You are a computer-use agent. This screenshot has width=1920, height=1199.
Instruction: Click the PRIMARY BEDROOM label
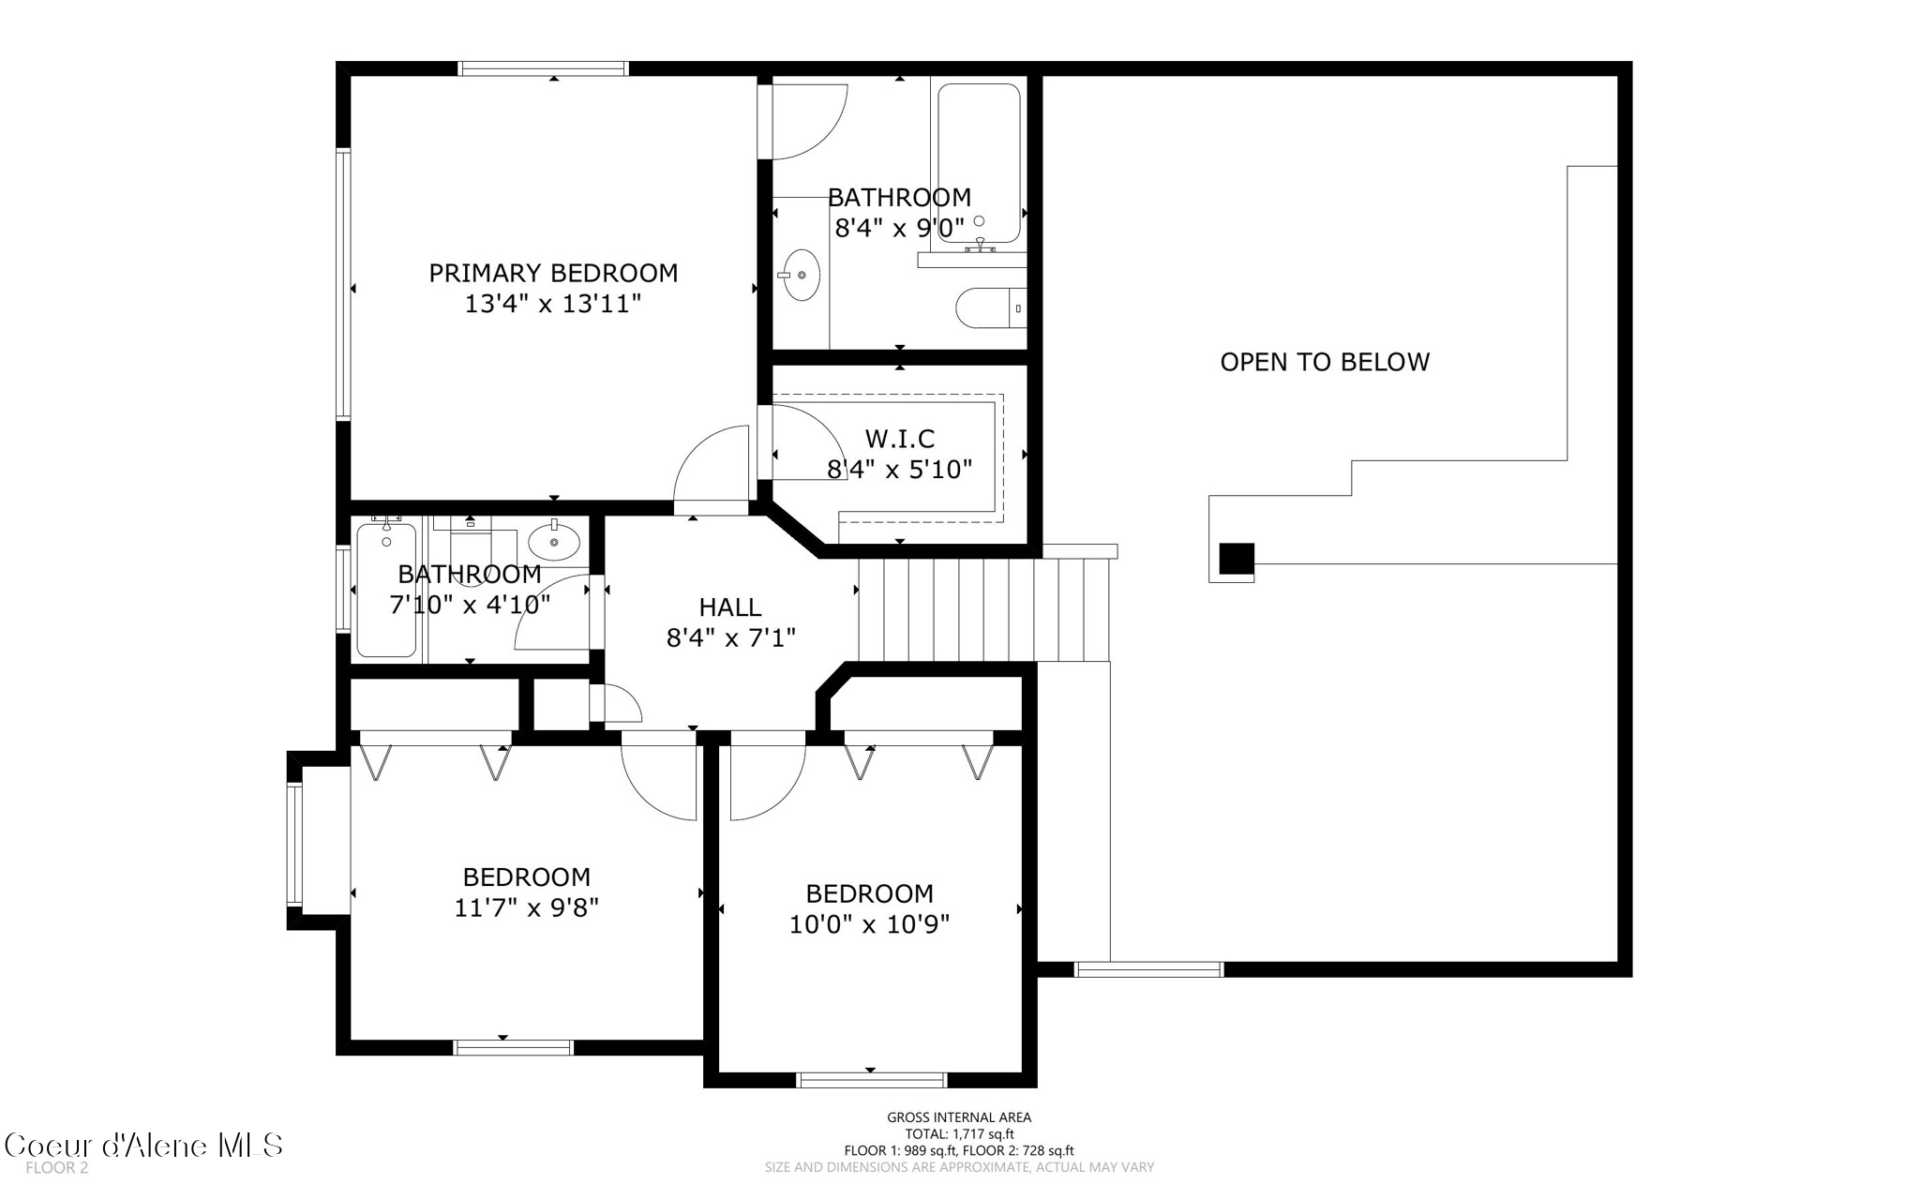pyautogui.click(x=553, y=273)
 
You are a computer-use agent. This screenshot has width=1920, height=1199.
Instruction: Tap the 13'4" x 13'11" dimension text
pyautogui.click(x=553, y=304)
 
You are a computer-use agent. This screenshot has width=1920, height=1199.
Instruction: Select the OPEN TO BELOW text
pyautogui.click(x=1324, y=362)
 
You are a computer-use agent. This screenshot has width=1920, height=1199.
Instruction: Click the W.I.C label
pyautogui.click(x=899, y=438)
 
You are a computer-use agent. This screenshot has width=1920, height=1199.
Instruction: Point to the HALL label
pyautogui.click(x=729, y=607)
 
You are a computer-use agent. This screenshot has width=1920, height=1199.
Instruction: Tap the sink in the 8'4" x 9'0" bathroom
pyautogui.click(x=801, y=275)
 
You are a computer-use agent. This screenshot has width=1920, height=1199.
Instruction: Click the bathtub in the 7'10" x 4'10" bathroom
pyautogui.click(x=386, y=591)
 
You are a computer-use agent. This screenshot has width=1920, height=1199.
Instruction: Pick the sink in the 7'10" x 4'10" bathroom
pyautogui.click(x=554, y=542)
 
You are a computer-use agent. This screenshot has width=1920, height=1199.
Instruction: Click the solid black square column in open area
pyautogui.click(x=1236, y=559)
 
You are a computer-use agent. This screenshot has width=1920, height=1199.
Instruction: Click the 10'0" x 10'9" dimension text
pyautogui.click(x=869, y=924)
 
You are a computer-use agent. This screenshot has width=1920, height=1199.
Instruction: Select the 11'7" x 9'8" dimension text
pyautogui.click(x=526, y=907)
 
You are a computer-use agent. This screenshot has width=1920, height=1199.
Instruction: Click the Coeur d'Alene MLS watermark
pyautogui.click(x=142, y=1146)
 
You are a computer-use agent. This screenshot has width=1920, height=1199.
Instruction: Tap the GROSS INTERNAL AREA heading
pyautogui.click(x=959, y=1117)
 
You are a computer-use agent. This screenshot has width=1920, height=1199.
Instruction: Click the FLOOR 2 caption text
pyautogui.click(x=56, y=1168)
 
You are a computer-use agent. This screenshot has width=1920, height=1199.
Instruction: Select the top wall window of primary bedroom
pyautogui.click(x=543, y=68)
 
